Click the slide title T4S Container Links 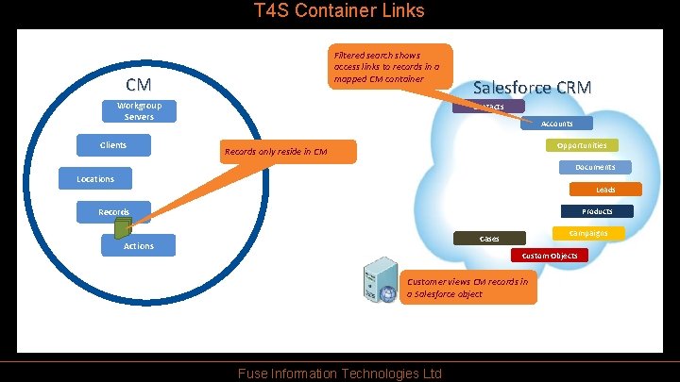[340, 11]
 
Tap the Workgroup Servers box [139, 111]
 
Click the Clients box [113, 145]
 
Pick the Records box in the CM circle [113, 212]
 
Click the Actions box [138, 246]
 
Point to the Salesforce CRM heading [532, 88]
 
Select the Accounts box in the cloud [556, 124]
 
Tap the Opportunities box [582, 145]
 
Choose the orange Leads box [604, 190]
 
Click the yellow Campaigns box [588, 232]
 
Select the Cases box [489, 239]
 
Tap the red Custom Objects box [550, 256]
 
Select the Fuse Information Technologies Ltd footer [340, 374]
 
